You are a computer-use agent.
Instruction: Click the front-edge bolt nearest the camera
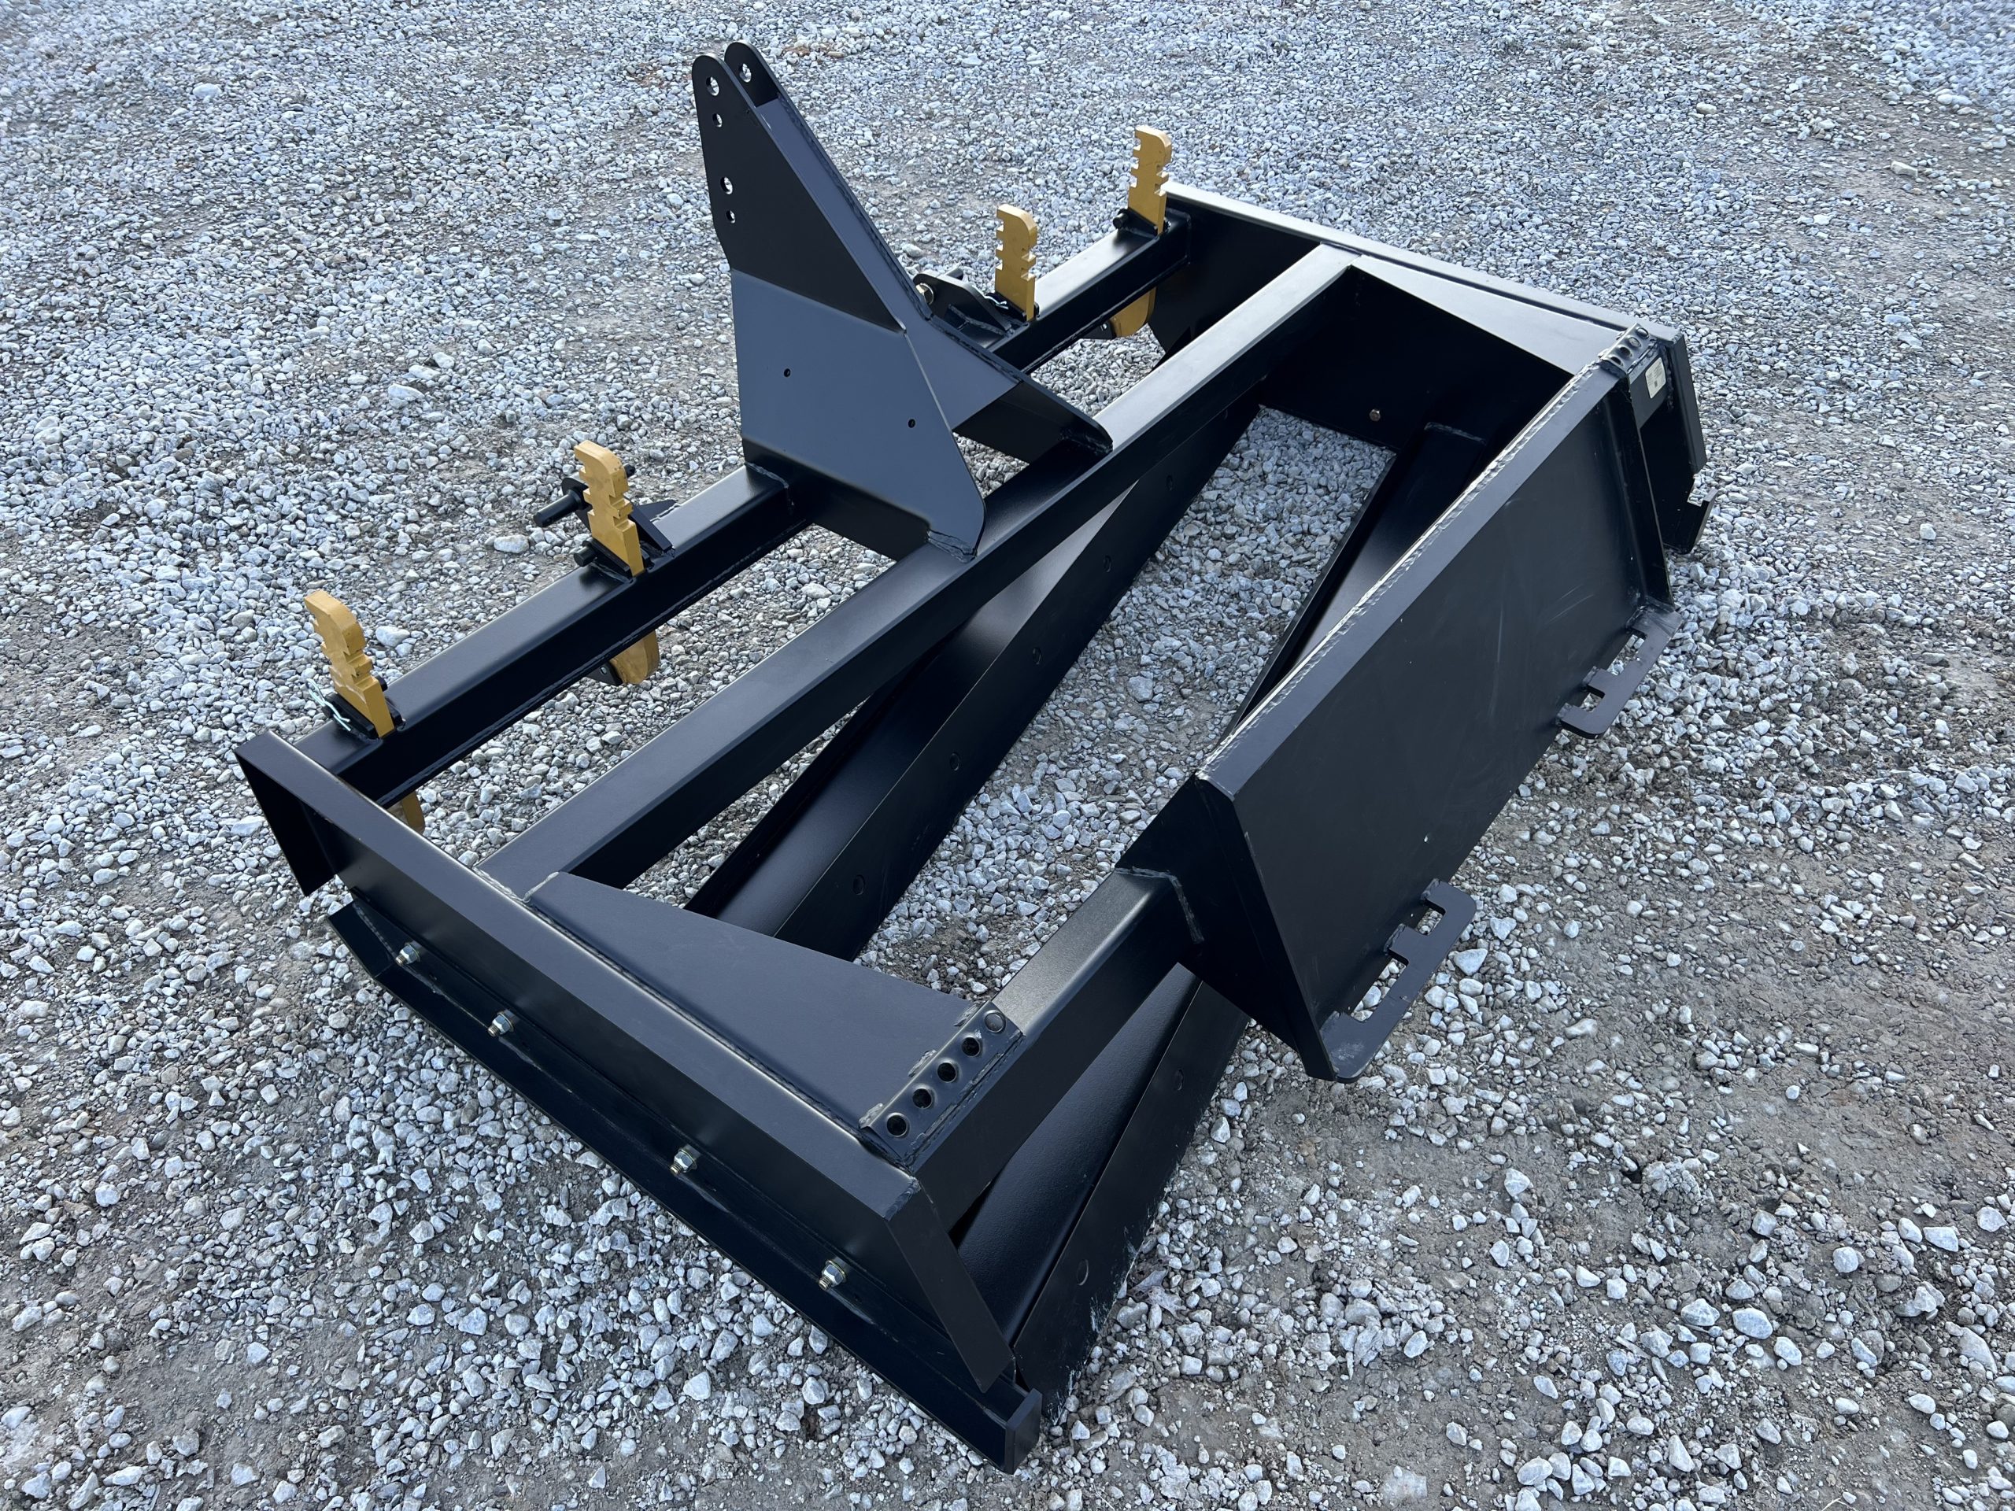click(x=832, y=1269)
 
